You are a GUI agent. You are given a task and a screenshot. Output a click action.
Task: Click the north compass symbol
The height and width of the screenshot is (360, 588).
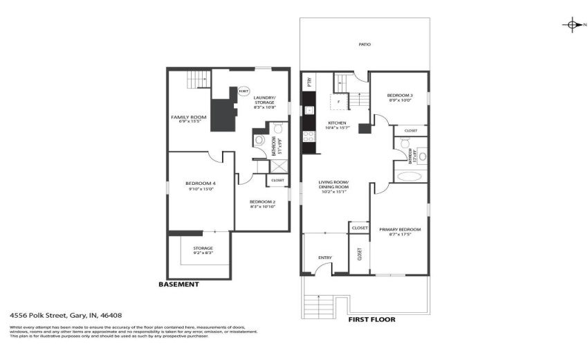pyautogui.click(x=572, y=26)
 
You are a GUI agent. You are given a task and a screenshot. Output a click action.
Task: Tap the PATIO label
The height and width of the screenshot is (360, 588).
pyautogui.click(x=365, y=44)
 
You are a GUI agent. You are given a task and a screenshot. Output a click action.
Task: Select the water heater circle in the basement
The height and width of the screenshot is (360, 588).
pyautogui.click(x=244, y=91)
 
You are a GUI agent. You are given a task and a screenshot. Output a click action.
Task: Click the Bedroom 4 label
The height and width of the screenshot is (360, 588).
pyautogui.click(x=196, y=183)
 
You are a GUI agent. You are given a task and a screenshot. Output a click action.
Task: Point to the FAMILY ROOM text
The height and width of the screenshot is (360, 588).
pyautogui.click(x=189, y=117)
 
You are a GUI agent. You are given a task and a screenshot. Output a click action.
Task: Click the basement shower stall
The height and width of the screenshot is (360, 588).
pyautogui.click(x=261, y=165)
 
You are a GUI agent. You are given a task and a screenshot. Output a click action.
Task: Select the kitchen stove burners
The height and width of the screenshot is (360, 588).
pyautogui.click(x=309, y=136)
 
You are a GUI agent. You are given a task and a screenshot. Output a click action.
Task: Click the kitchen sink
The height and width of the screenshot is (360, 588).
pyautogui.click(x=309, y=109)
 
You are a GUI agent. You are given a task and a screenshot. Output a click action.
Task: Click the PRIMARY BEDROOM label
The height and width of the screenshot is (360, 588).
pyautogui.click(x=400, y=229)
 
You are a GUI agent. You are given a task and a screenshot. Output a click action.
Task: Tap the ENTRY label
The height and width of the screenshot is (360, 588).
pyautogui.click(x=325, y=258)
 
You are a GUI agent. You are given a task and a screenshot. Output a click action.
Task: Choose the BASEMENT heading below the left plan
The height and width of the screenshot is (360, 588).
pyautogui.click(x=178, y=285)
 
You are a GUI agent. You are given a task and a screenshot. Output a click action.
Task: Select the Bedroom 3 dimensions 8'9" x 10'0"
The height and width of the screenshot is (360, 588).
pyautogui.click(x=399, y=100)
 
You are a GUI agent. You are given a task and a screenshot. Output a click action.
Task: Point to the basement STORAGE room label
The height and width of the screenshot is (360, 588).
pyautogui.click(x=203, y=248)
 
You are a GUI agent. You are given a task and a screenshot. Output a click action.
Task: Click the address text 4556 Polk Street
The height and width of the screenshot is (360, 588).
pyautogui.click(x=66, y=314)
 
